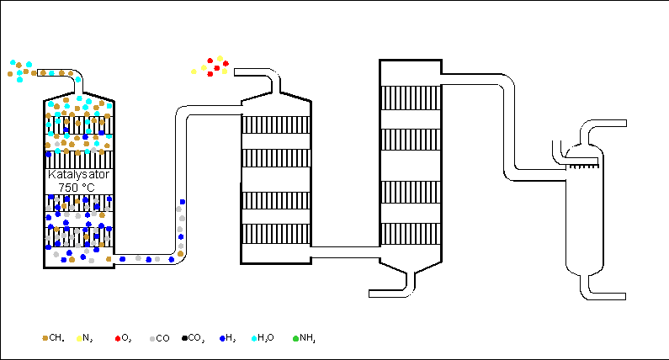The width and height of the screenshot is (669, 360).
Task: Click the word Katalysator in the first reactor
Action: [78, 174]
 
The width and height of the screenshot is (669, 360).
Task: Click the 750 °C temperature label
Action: [77, 188]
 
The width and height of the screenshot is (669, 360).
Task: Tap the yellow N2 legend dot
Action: [79, 339]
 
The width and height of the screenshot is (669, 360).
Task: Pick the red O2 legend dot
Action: [118, 339]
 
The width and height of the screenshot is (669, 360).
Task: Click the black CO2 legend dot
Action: [185, 338]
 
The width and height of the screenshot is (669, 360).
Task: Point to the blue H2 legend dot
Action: [222, 339]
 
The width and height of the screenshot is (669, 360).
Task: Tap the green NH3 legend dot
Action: [295, 339]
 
